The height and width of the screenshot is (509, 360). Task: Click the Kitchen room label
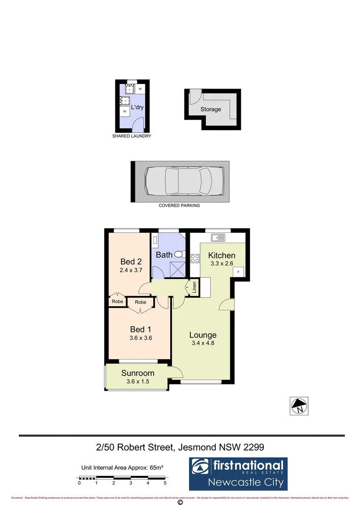(x=221, y=255)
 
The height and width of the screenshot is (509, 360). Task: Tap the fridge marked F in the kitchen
(x=238, y=272)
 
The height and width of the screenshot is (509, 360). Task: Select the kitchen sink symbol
(x=218, y=238)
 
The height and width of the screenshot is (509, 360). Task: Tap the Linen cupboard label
(x=194, y=288)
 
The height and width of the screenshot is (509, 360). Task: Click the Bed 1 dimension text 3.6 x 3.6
(x=140, y=338)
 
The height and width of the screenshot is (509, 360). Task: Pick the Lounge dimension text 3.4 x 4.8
(x=203, y=344)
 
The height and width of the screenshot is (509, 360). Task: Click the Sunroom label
(x=138, y=373)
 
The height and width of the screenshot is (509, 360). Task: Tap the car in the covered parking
(x=180, y=181)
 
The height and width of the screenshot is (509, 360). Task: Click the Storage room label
(x=211, y=109)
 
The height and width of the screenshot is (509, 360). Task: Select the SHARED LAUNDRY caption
(x=131, y=136)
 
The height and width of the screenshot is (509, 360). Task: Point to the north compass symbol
(x=299, y=405)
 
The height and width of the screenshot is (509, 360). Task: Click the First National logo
(x=238, y=473)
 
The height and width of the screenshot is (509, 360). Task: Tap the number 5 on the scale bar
(x=165, y=483)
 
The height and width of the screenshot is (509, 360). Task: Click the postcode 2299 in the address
(x=254, y=446)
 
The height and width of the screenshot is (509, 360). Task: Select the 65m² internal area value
(x=155, y=468)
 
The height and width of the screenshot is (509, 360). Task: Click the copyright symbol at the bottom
(x=180, y=503)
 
